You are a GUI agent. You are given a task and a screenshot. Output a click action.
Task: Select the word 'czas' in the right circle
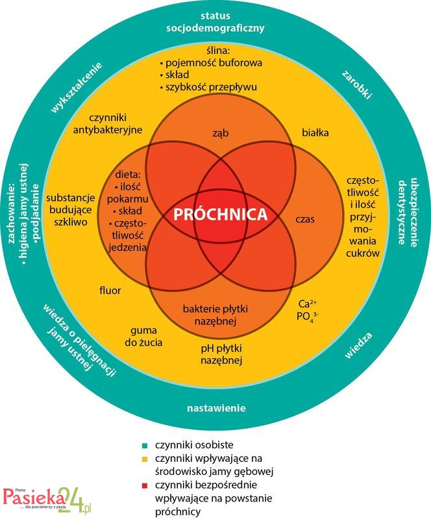(304, 220)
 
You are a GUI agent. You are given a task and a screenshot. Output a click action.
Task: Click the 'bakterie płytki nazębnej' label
(220, 314)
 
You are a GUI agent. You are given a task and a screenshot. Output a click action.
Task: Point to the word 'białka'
(315, 132)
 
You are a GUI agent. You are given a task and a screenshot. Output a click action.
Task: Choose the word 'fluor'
(110, 290)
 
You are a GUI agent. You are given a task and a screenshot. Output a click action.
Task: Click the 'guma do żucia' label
(147, 335)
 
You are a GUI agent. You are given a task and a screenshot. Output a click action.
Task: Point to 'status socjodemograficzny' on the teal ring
(215, 21)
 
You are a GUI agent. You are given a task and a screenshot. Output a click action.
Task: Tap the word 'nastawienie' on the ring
(216, 408)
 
